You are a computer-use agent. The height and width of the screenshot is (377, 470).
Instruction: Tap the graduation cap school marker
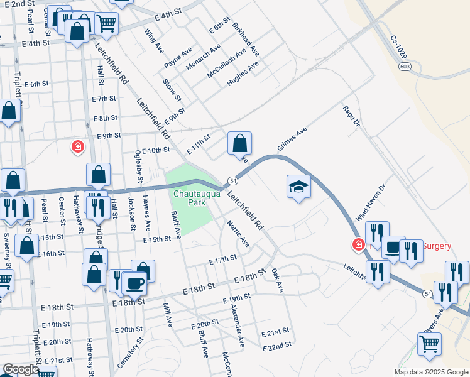point(299,186)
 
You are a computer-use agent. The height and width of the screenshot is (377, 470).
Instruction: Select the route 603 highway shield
point(405,65)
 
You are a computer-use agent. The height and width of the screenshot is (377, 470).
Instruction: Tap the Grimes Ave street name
point(292,140)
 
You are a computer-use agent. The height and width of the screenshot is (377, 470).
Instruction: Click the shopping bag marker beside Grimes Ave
point(239,144)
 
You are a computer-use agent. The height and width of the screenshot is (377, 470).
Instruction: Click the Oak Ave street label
point(277,280)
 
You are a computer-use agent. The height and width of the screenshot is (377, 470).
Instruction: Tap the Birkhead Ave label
point(246,39)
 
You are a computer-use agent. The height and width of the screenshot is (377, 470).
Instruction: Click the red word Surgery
point(436,246)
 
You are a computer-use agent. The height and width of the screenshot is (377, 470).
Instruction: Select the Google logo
point(21,369)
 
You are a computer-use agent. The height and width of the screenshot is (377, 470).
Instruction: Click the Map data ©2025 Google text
point(431,372)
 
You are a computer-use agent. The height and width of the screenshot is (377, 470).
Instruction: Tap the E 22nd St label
point(277,345)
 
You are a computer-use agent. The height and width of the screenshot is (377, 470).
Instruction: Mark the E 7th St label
point(104,99)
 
